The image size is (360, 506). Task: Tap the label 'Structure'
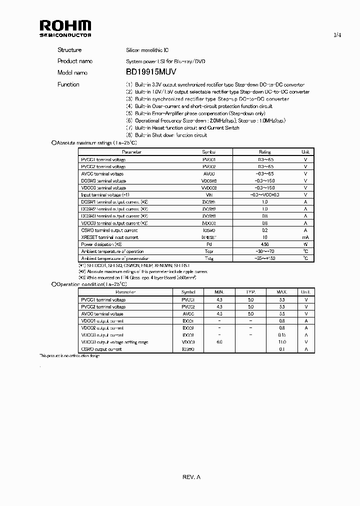point(69,50)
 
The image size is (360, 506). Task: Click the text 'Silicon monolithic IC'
point(147,50)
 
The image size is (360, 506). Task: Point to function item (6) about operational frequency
point(205,121)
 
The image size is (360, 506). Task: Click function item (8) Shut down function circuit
point(166,135)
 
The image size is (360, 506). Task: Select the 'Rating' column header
point(264,152)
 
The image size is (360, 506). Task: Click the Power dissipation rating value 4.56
point(264,244)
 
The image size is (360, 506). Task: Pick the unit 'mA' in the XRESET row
point(305,237)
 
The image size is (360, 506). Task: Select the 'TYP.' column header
point(250,292)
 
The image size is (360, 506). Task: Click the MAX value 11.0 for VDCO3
point(282,342)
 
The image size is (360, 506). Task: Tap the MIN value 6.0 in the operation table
point(219,342)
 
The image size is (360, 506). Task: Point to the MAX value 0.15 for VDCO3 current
point(282,335)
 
